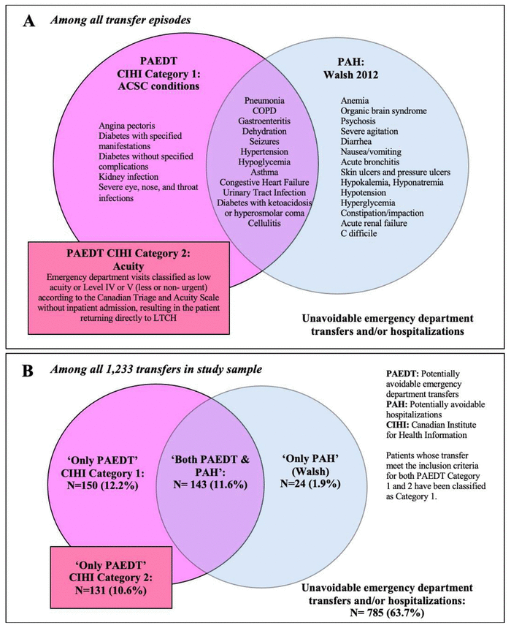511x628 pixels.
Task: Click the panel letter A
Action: point(30,23)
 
